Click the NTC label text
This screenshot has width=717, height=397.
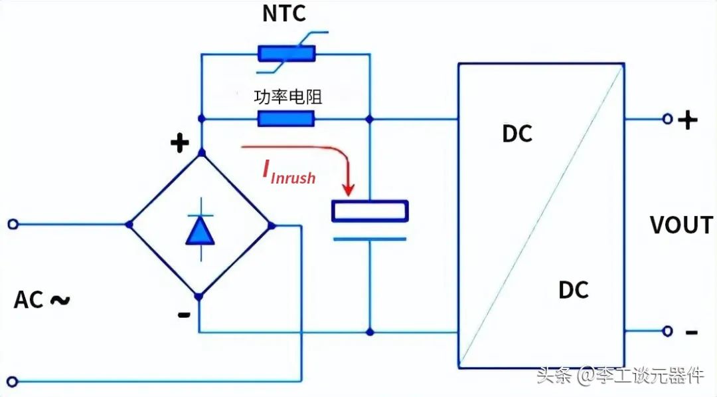pyautogui.click(x=284, y=13)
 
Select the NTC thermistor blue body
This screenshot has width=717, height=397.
pyautogui.click(x=287, y=54)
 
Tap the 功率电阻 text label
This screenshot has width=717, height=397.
pyautogui.click(x=288, y=96)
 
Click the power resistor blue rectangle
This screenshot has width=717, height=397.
pyautogui.click(x=286, y=118)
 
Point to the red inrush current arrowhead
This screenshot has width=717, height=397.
pyautogui.click(x=349, y=189)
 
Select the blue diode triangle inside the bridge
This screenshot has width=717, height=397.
pyautogui.click(x=200, y=230)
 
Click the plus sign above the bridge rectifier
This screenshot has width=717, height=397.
pyautogui.click(x=180, y=143)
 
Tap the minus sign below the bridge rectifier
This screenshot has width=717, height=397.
pyautogui.click(x=184, y=315)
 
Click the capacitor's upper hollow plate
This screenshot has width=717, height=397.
pyautogui.click(x=370, y=211)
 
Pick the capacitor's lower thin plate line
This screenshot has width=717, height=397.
pyautogui.click(x=370, y=239)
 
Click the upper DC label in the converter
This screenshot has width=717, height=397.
pyautogui.click(x=517, y=134)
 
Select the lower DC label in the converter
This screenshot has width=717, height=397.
pyautogui.click(x=574, y=290)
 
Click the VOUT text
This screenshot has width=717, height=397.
pyautogui.click(x=681, y=225)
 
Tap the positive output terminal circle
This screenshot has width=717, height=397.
pyautogui.click(x=668, y=119)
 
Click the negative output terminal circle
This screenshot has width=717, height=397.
pyautogui.click(x=668, y=331)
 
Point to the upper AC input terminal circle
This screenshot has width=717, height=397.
pyautogui.click(x=13, y=224)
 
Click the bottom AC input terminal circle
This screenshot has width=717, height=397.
pyautogui.click(x=13, y=381)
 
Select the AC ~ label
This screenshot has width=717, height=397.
pyautogui.click(x=42, y=300)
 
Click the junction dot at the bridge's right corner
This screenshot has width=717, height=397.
pyautogui.click(x=271, y=225)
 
